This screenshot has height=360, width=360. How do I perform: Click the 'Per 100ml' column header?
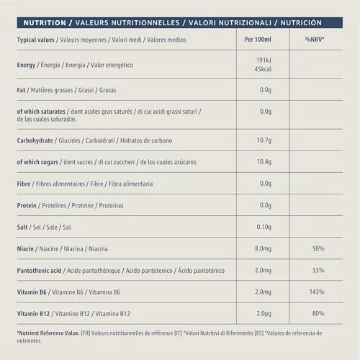click(258, 40)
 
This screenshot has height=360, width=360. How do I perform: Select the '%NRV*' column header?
click(315, 40)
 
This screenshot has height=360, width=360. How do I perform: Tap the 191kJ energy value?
click(264, 60)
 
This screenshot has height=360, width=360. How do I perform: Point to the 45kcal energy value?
click(263, 69)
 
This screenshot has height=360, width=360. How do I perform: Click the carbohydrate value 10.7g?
click(264, 140)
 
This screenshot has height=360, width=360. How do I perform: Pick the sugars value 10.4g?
click(264, 162)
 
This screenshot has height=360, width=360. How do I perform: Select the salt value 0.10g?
click(264, 227)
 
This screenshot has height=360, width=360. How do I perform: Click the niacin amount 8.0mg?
click(263, 248)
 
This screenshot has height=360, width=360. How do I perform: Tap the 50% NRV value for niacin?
click(318, 248)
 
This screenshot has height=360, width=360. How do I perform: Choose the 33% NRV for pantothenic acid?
click(318, 270)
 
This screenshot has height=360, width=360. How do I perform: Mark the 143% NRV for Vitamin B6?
click(317, 292)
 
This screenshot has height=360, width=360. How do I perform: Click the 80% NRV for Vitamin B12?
click(318, 313)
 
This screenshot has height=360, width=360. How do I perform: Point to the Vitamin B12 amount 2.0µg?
click(264, 314)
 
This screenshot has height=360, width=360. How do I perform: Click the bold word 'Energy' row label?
click(26, 65)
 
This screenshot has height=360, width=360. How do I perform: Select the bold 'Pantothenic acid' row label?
click(39, 271)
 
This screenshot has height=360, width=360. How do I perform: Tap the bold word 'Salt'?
click(22, 227)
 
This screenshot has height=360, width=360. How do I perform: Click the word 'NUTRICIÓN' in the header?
click(301, 22)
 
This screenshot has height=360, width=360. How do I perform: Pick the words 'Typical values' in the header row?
click(35, 40)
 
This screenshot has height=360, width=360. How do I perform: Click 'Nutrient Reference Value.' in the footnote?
click(49, 333)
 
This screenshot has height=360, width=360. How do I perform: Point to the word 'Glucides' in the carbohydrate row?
click(69, 140)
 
